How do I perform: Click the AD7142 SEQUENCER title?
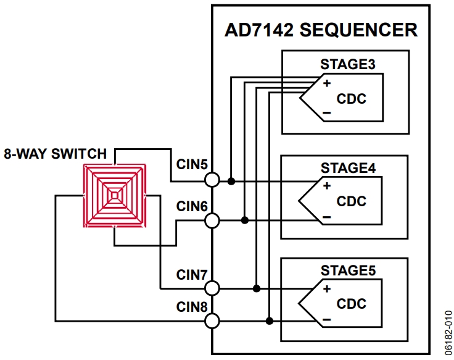click(x=321, y=30)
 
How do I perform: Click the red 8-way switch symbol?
click(x=115, y=196)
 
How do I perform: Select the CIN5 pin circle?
click(x=212, y=180)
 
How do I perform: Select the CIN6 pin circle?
click(x=212, y=220)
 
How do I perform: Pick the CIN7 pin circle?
click(x=212, y=288)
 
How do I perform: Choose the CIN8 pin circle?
click(x=212, y=320)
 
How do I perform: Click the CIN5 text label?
click(x=192, y=165)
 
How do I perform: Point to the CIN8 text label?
click(x=192, y=306)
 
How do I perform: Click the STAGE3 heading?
click(x=348, y=64)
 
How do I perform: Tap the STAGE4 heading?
click(x=348, y=167)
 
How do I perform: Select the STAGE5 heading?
click(x=348, y=270)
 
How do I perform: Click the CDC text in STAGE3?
click(x=351, y=99)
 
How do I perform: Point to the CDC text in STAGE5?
click(x=351, y=304)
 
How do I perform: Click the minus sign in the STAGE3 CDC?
click(x=326, y=113)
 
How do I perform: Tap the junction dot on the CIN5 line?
click(x=231, y=181)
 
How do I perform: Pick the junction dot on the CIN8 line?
click(x=270, y=320)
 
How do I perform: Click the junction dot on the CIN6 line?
click(x=245, y=220)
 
